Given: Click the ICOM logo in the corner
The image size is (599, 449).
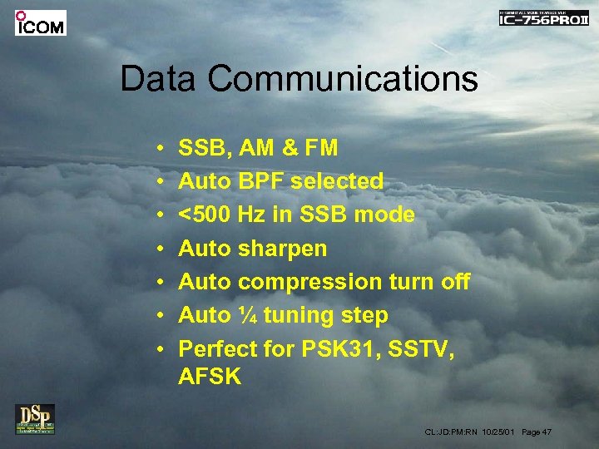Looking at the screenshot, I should (40, 23).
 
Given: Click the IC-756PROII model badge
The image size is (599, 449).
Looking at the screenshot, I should (543, 18).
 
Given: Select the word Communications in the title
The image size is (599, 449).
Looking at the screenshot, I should (343, 80).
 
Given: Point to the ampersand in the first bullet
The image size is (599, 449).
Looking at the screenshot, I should (289, 148).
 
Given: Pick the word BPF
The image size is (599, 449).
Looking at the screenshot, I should (262, 181).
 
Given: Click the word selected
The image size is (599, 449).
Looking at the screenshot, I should (337, 181).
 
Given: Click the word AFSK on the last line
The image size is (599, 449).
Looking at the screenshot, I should (210, 377).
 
